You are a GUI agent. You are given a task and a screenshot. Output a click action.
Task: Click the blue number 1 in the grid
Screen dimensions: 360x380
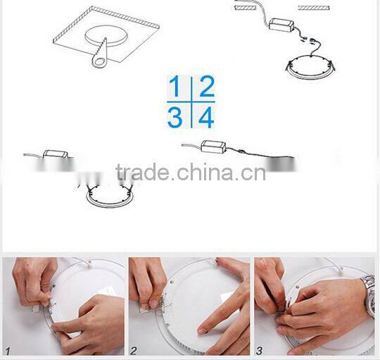[175, 87]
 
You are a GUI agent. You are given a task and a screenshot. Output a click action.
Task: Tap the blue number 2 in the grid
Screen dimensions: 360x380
[205, 87]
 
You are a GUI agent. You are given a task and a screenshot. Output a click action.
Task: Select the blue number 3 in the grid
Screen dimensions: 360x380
[175, 117]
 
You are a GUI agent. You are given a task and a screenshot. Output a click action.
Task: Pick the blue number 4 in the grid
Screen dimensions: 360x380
[205, 117]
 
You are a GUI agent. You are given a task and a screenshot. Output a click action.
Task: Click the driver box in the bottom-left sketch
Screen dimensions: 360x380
[56, 153]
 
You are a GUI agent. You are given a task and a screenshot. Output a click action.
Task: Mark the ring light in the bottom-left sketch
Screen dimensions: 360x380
[108, 195]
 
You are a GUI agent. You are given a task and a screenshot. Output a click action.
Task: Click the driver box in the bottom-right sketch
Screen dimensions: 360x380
[213, 147]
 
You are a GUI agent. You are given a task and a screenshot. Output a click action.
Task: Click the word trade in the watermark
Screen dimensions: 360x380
[142, 173]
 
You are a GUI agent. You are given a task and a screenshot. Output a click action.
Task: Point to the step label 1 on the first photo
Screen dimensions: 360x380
[8, 349]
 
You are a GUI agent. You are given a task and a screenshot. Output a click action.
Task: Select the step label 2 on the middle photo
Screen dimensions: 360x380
[133, 349]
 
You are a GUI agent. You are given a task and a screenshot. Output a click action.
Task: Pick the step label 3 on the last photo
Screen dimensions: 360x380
[260, 349]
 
